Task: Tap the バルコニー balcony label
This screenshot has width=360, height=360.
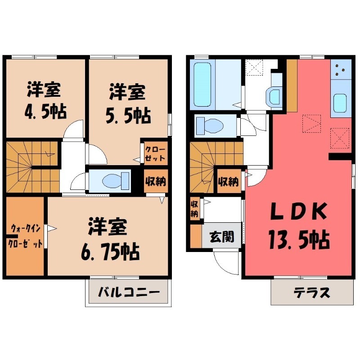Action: [x=128, y=292]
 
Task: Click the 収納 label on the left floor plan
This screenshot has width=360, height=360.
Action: [x=155, y=181]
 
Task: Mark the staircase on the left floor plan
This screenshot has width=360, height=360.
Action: [x=32, y=167]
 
